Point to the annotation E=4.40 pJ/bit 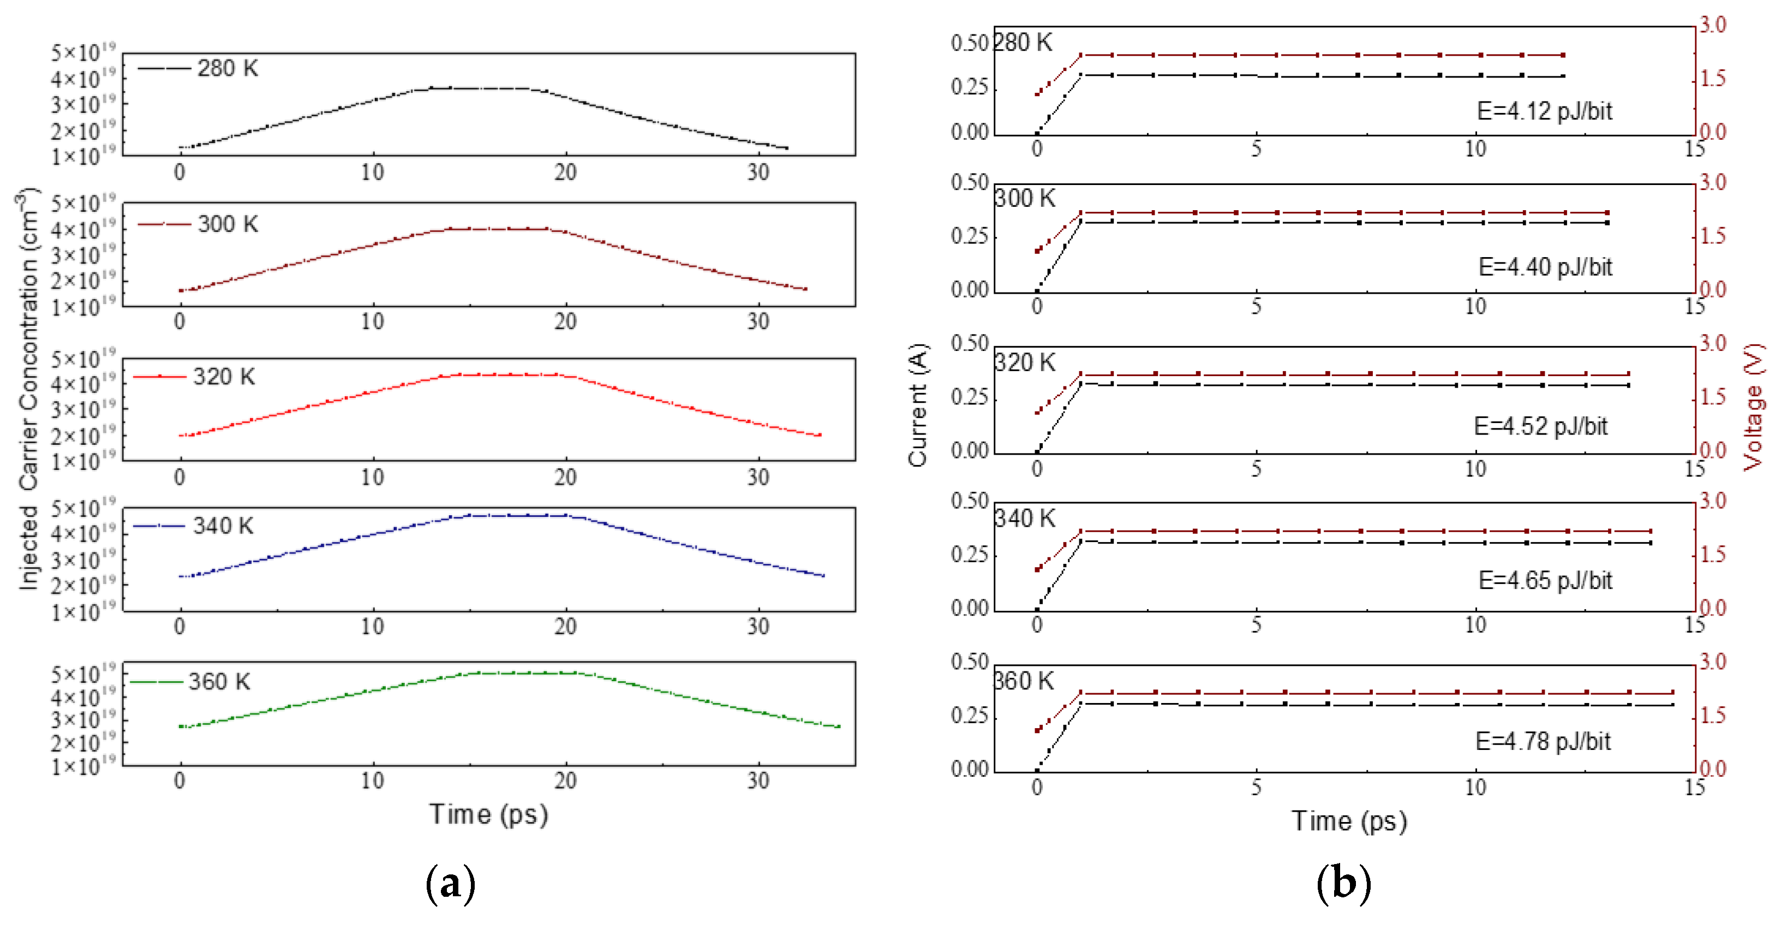click(x=1545, y=267)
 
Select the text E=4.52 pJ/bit click(x=1540, y=426)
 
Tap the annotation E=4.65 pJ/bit click(x=1545, y=580)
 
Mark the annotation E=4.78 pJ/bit click(x=1543, y=742)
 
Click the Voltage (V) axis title click(x=1754, y=407)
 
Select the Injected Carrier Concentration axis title click(x=28, y=391)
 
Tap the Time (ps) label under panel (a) click(x=488, y=814)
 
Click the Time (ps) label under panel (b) click(x=1349, y=821)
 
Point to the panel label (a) click(x=451, y=884)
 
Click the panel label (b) click(x=1343, y=884)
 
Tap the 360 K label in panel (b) click(x=1024, y=681)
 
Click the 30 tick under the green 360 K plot click(x=758, y=781)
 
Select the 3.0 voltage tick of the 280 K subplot click(x=1713, y=25)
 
